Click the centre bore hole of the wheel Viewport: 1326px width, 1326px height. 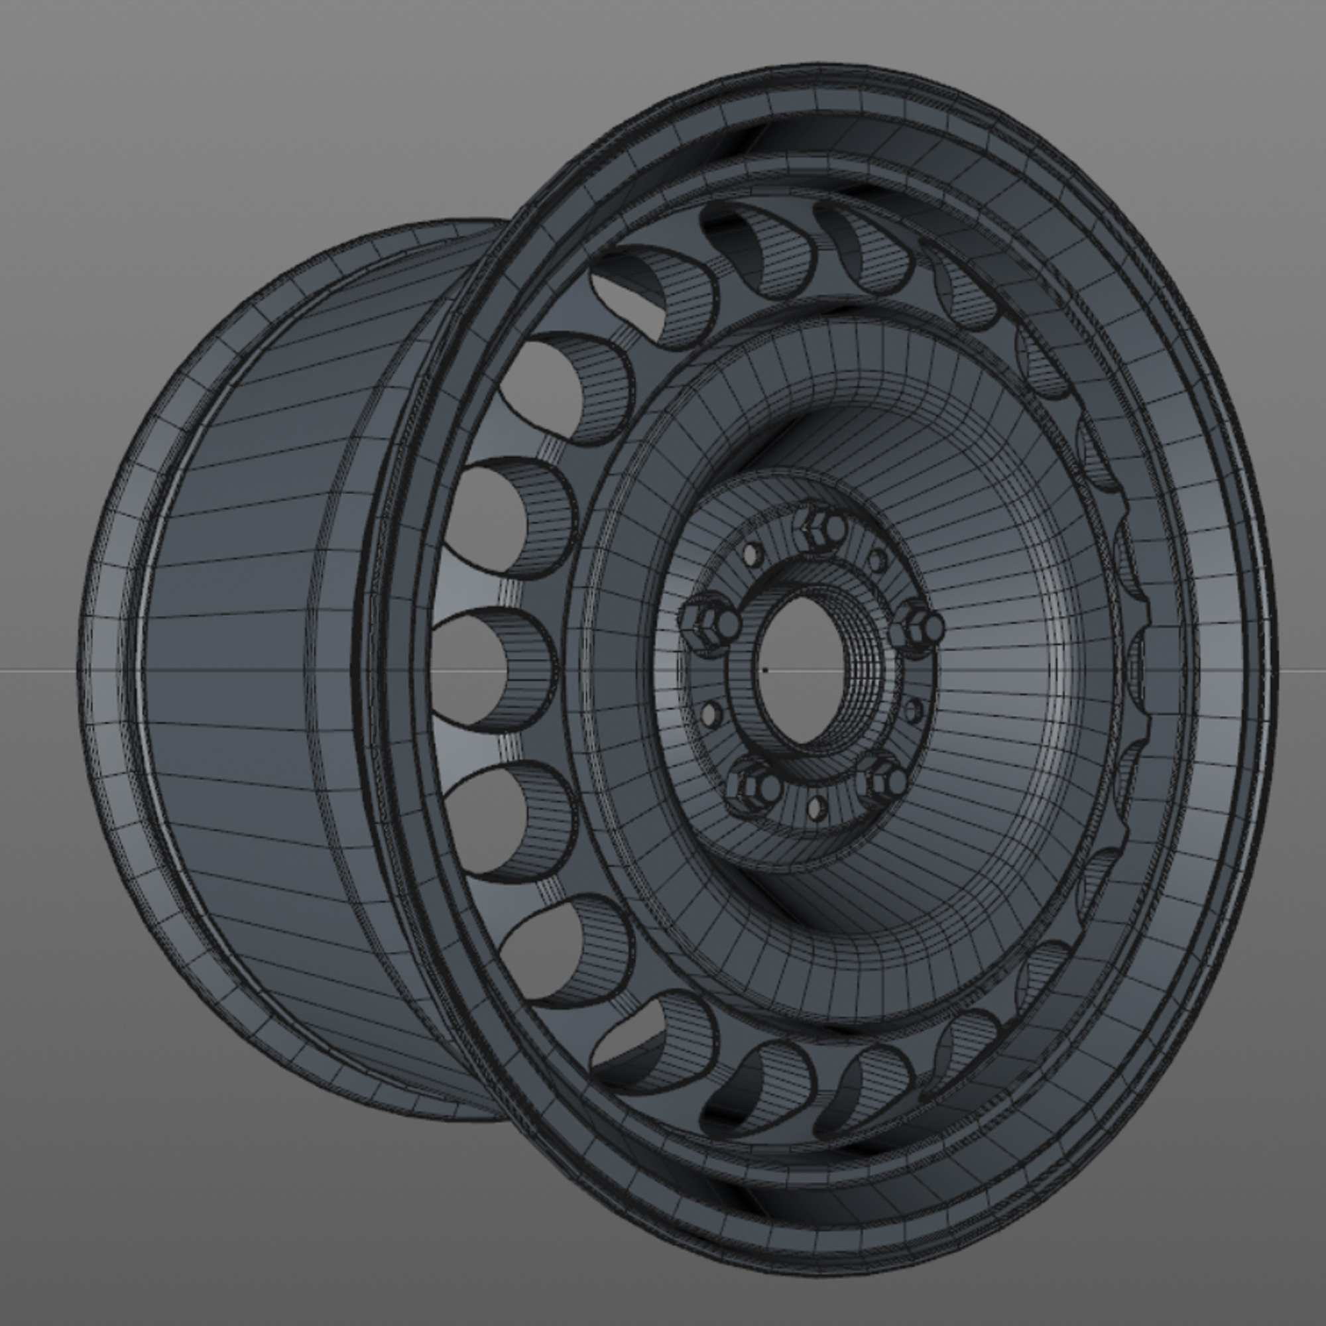[x=800, y=669]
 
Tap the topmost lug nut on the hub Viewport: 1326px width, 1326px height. [x=821, y=529]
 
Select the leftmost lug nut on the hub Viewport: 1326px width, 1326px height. [x=709, y=624]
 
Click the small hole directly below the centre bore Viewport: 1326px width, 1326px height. [x=816, y=809]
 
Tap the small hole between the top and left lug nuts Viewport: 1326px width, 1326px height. [x=753, y=553]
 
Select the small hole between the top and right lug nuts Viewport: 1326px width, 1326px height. [x=878, y=560]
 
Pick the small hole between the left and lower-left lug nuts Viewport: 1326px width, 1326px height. [x=710, y=714]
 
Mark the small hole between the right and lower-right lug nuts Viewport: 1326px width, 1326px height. [x=913, y=711]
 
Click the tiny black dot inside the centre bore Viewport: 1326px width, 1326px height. [x=765, y=669]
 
